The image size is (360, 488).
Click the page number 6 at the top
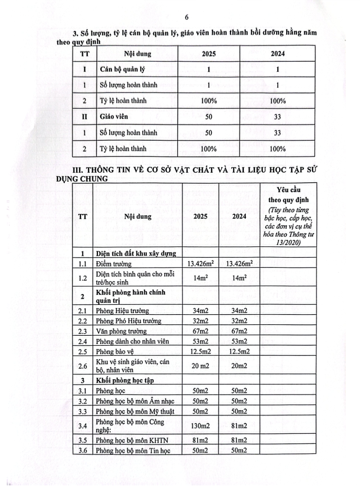(x=187, y=17)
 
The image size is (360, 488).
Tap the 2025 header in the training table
(x=209, y=53)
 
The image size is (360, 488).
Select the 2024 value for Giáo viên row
(x=278, y=117)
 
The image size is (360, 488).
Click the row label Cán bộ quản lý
(x=122, y=69)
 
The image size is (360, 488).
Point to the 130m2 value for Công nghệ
(x=200, y=426)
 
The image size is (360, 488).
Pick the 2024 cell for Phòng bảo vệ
(x=239, y=351)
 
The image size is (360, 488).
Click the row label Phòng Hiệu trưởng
(x=122, y=311)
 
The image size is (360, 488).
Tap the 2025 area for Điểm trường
(x=200, y=264)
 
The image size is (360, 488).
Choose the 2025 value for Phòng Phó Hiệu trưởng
(x=200, y=321)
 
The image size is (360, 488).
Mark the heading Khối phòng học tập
(x=125, y=380)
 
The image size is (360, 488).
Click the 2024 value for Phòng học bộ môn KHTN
(x=239, y=440)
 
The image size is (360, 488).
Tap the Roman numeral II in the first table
(x=85, y=117)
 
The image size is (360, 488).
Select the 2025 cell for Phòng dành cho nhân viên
(x=200, y=341)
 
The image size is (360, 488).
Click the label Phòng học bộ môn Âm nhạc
(x=135, y=401)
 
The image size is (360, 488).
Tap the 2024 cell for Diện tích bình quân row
(x=239, y=278)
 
